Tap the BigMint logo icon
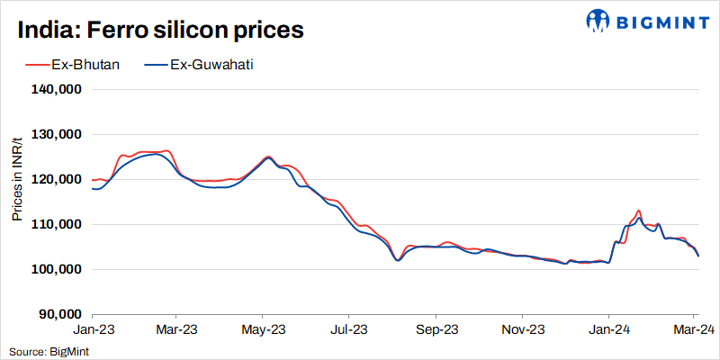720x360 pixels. [597, 20]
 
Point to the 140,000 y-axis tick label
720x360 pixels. [58, 90]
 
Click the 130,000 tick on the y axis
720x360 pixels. [58, 135]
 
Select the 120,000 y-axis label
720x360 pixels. [58, 180]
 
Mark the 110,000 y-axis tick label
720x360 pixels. [58, 225]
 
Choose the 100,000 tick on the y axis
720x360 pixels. [58, 270]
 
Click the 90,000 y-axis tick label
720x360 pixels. [60, 315]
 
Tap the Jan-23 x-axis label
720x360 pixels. [92, 330]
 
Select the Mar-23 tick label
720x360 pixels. [176, 330]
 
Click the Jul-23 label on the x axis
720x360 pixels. [348, 330]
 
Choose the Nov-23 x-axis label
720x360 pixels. [522, 330]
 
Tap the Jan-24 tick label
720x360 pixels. [607, 330]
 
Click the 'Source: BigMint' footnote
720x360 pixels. [45, 351]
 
